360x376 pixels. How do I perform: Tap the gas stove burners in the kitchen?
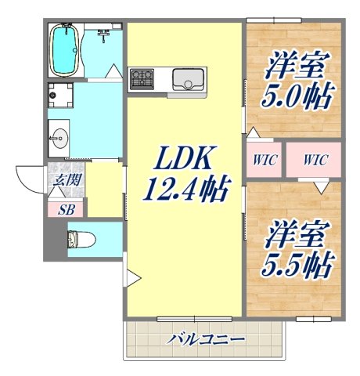[x=143, y=78]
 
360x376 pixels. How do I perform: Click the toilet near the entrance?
[x=82, y=239]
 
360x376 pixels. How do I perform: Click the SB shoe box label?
[x=64, y=209]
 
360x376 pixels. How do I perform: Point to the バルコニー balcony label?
[x=206, y=339]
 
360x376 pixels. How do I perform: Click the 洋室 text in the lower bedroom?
[x=297, y=232]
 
